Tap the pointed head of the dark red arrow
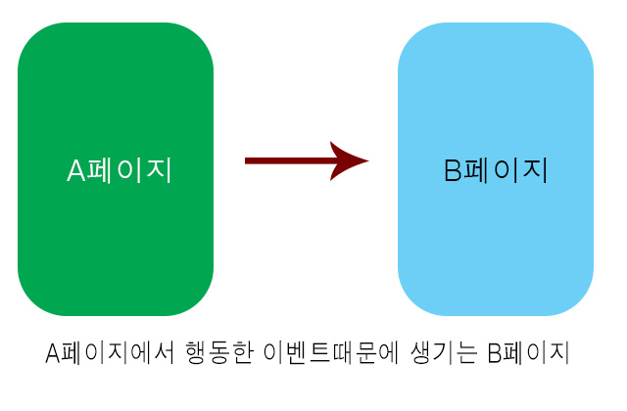pos(351,160)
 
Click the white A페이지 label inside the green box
pos(120,170)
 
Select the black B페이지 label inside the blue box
pos(496,170)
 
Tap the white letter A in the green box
pos(77,171)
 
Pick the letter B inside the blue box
pos(453,171)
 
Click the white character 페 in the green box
pos(102,170)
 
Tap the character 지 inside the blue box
pos(534,170)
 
